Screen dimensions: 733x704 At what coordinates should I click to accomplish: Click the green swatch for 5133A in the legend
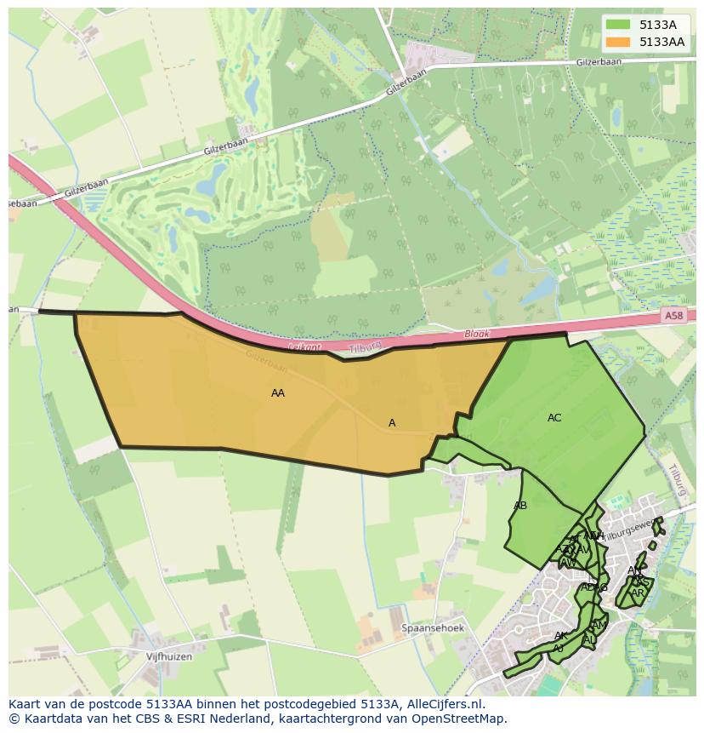(x=620, y=26)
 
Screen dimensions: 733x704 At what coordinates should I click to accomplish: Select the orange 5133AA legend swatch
(x=620, y=42)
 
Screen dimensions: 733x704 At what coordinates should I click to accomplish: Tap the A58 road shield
(x=673, y=316)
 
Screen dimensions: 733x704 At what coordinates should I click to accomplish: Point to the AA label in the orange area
(x=278, y=393)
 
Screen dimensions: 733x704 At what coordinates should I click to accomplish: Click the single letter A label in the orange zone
(x=392, y=423)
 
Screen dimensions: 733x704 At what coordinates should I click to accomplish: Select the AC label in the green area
(x=554, y=418)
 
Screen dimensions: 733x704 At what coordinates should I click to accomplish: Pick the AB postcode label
(x=520, y=506)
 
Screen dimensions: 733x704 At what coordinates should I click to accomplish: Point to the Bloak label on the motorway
(x=477, y=335)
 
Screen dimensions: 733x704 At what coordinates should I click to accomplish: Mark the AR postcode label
(x=637, y=593)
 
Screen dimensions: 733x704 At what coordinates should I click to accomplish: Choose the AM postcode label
(x=599, y=626)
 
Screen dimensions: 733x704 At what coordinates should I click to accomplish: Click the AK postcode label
(x=560, y=636)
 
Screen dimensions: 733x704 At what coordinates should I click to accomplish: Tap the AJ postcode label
(x=558, y=648)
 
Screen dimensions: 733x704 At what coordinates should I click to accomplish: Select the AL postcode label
(x=589, y=640)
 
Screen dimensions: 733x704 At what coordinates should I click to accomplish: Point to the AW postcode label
(x=568, y=563)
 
